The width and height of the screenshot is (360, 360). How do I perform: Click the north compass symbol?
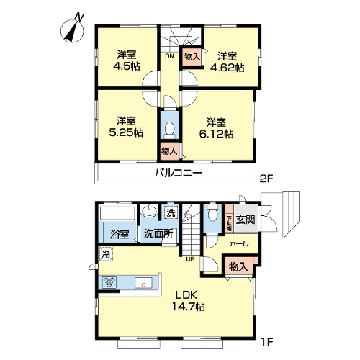(73, 30)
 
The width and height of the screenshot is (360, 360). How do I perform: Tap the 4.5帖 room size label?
(127, 66)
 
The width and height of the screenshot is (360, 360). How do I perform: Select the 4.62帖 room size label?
(227, 68)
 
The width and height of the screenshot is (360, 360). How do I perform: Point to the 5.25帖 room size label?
(126, 132)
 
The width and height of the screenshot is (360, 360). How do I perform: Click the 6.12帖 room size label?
(216, 134)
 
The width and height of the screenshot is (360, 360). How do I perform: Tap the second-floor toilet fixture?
(170, 130)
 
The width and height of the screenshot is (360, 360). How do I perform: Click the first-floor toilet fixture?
(212, 212)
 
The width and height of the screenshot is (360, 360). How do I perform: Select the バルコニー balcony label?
(178, 173)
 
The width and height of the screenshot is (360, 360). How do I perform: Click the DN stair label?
(169, 57)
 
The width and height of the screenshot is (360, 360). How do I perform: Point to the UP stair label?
(191, 259)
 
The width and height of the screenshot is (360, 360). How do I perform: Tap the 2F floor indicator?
(266, 179)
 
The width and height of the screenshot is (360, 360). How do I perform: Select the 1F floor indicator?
(267, 341)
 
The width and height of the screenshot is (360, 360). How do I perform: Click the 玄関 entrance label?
(246, 220)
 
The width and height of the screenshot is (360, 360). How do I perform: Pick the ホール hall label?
(239, 244)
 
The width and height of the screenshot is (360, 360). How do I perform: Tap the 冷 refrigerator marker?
(106, 253)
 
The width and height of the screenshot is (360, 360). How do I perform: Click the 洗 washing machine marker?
(171, 213)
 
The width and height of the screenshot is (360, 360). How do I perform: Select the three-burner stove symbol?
(109, 282)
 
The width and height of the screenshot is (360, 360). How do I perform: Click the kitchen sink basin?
(143, 283)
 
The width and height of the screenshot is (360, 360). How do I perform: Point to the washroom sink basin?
(150, 211)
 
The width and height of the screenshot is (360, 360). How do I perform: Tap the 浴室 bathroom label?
(120, 234)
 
